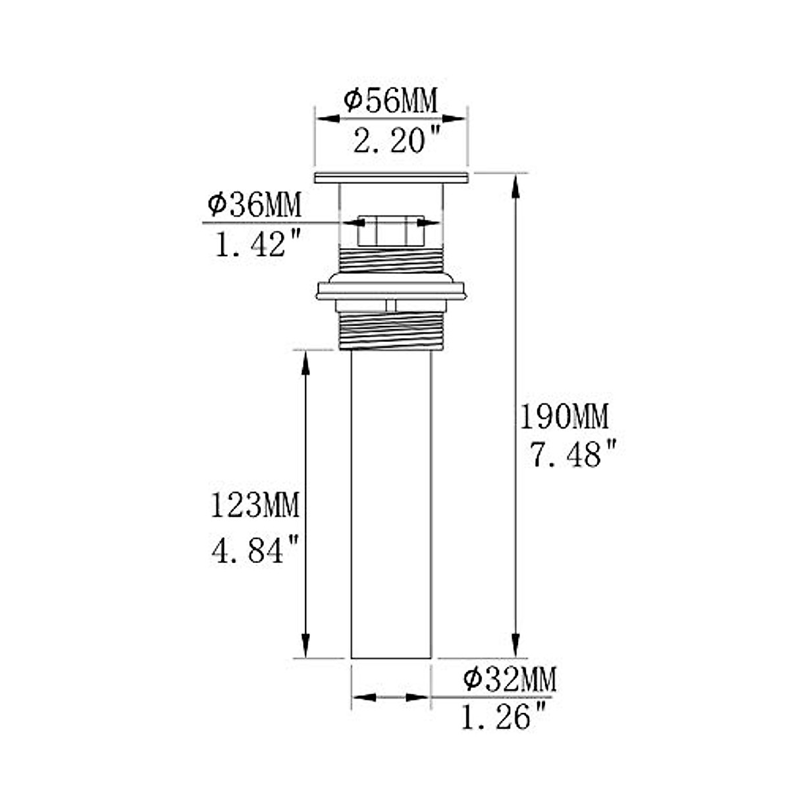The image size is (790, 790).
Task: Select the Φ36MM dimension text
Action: pyautogui.click(x=254, y=205)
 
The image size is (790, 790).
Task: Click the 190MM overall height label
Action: pyautogui.click(x=564, y=416)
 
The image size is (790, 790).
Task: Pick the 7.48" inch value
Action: pyautogui.click(x=575, y=455)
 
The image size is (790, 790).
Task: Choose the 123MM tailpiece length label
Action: pyautogui.click(x=255, y=506)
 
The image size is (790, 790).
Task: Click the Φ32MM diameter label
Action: pyautogui.click(x=510, y=678)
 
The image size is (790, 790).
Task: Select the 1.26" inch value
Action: pyautogui.click(x=504, y=717)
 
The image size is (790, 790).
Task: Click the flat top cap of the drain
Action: pyautogui.click(x=391, y=178)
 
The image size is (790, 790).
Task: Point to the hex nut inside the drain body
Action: pyautogui.click(x=390, y=230)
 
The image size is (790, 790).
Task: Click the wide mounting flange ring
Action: pyautogui.click(x=391, y=290)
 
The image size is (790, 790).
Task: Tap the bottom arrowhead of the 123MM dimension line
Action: pyautogui.click(x=305, y=645)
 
